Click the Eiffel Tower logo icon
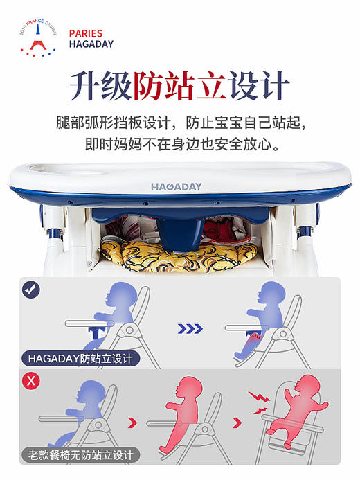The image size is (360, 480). click(x=35, y=37)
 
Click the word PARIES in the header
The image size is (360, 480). click(x=85, y=33)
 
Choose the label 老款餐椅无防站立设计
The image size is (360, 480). click(x=80, y=455)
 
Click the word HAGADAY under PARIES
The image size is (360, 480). click(x=91, y=44)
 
